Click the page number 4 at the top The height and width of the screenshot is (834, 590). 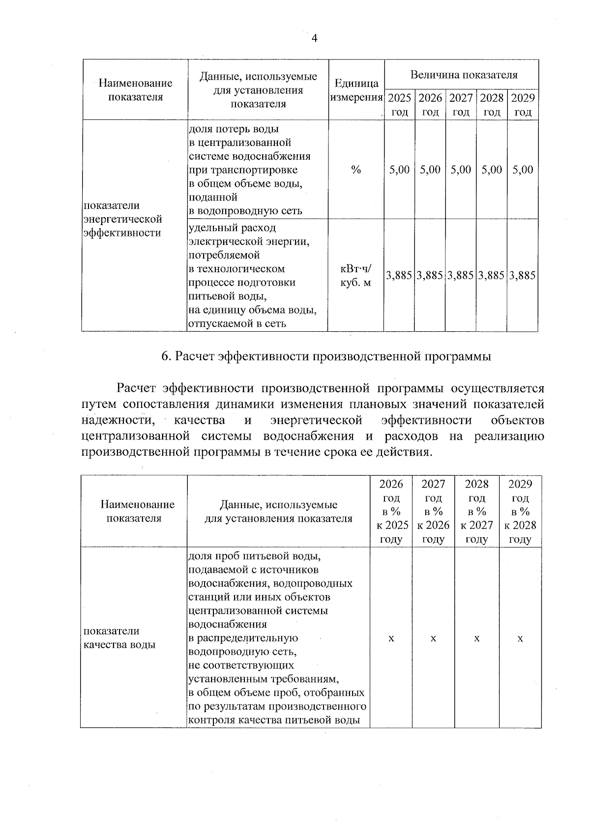[314, 38]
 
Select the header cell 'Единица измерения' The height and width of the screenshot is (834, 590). [356, 90]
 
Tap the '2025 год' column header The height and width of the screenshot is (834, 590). [399, 105]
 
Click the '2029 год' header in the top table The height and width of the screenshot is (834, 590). [523, 105]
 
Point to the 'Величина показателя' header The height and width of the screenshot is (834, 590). [464, 75]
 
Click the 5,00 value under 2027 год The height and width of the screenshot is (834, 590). [461, 170]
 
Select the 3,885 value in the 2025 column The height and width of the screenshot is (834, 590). [399, 276]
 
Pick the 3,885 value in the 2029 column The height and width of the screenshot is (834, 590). [522, 276]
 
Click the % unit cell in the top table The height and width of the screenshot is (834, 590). [356, 170]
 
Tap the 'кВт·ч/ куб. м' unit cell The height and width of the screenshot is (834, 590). [356, 276]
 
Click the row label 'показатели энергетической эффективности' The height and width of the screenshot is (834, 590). [122, 219]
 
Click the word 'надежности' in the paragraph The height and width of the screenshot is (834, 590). [117, 420]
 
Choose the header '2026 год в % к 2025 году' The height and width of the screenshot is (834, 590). [392, 512]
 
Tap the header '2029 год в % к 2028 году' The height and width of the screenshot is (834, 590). [520, 512]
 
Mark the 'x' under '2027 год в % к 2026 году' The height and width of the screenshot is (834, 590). [433, 638]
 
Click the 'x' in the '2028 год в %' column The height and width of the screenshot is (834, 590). [476, 638]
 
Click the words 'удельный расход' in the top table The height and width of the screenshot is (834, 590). [233, 228]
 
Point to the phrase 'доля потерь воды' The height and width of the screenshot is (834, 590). [234, 129]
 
